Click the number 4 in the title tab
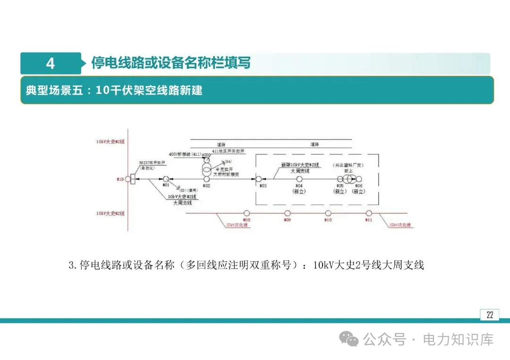pyautogui.click(x=51, y=63)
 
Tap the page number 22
pyautogui.click(x=490, y=315)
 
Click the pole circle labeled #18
pyautogui.click(x=127, y=179)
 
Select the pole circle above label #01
pyautogui.click(x=166, y=179)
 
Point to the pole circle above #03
pyautogui.click(x=259, y=179)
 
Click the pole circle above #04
pyautogui.click(x=299, y=179)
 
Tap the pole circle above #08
pyautogui.click(x=246, y=214)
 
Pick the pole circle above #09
pyautogui.click(x=287, y=214)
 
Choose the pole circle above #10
pyautogui.click(x=328, y=214)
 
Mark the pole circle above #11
pyautogui.click(x=369, y=214)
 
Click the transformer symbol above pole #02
pyautogui.click(x=206, y=169)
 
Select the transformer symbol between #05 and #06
pyautogui.click(x=348, y=179)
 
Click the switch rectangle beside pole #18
pyautogui.click(x=133, y=179)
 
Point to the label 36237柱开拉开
pyautogui.click(x=152, y=162)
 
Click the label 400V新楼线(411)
pyautogui.click(x=186, y=154)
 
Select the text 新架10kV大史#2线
pyautogui.click(x=300, y=165)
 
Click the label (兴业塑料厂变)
pyautogui.click(x=348, y=165)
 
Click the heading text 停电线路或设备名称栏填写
pyautogui.click(x=171, y=63)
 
